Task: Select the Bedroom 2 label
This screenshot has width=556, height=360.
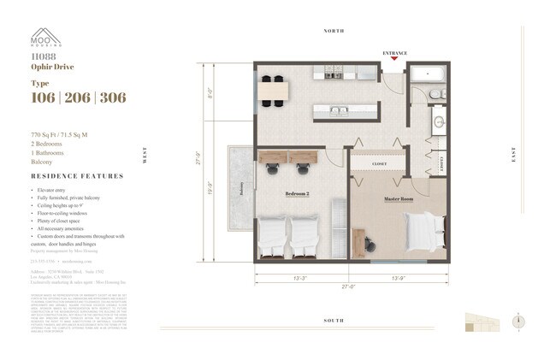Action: (298, 194)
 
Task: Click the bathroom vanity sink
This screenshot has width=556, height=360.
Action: (437, 122)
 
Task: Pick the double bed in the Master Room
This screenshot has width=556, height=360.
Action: (426, 227)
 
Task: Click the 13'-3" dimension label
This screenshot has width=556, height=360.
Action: (300, 278)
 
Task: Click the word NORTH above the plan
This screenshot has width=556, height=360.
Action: (334, 31)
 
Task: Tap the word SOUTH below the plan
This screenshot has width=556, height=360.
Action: (334, 320)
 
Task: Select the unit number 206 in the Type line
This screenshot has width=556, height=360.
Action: (78, 97)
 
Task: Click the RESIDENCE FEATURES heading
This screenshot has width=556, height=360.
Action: (77, 176)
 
